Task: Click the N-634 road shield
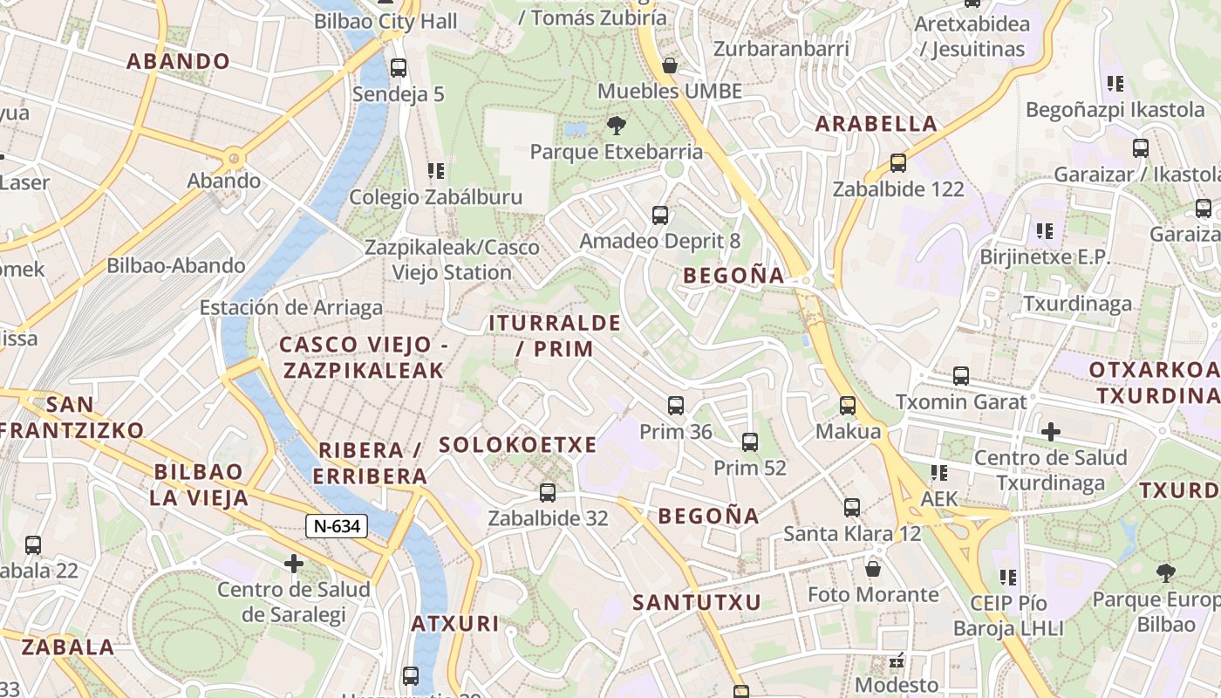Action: point(336,526)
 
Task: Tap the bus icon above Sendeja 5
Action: point(399,67)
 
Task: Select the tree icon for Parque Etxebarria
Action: point(617,125)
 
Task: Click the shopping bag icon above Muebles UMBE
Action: point(670,65)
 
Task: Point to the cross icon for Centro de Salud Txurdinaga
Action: point(1051,431)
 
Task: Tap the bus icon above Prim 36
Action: point(676,405)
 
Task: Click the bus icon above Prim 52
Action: point(750,441)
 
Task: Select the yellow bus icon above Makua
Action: point(848,405)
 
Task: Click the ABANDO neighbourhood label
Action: point(178,61)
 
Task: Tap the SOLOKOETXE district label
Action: point(518,445)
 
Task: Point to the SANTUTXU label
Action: point(697,602)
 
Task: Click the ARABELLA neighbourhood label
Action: point(877,124)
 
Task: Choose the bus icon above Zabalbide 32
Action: point(548,492)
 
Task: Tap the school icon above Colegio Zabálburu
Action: point(436,170)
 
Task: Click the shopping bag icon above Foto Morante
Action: point(873,569)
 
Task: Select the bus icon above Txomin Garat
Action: point(961,376)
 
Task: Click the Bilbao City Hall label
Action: point(385,21)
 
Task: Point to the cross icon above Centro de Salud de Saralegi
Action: point(294,564)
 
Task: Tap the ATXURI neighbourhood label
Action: point(455,624)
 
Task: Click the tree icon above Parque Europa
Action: point(1165,572)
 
